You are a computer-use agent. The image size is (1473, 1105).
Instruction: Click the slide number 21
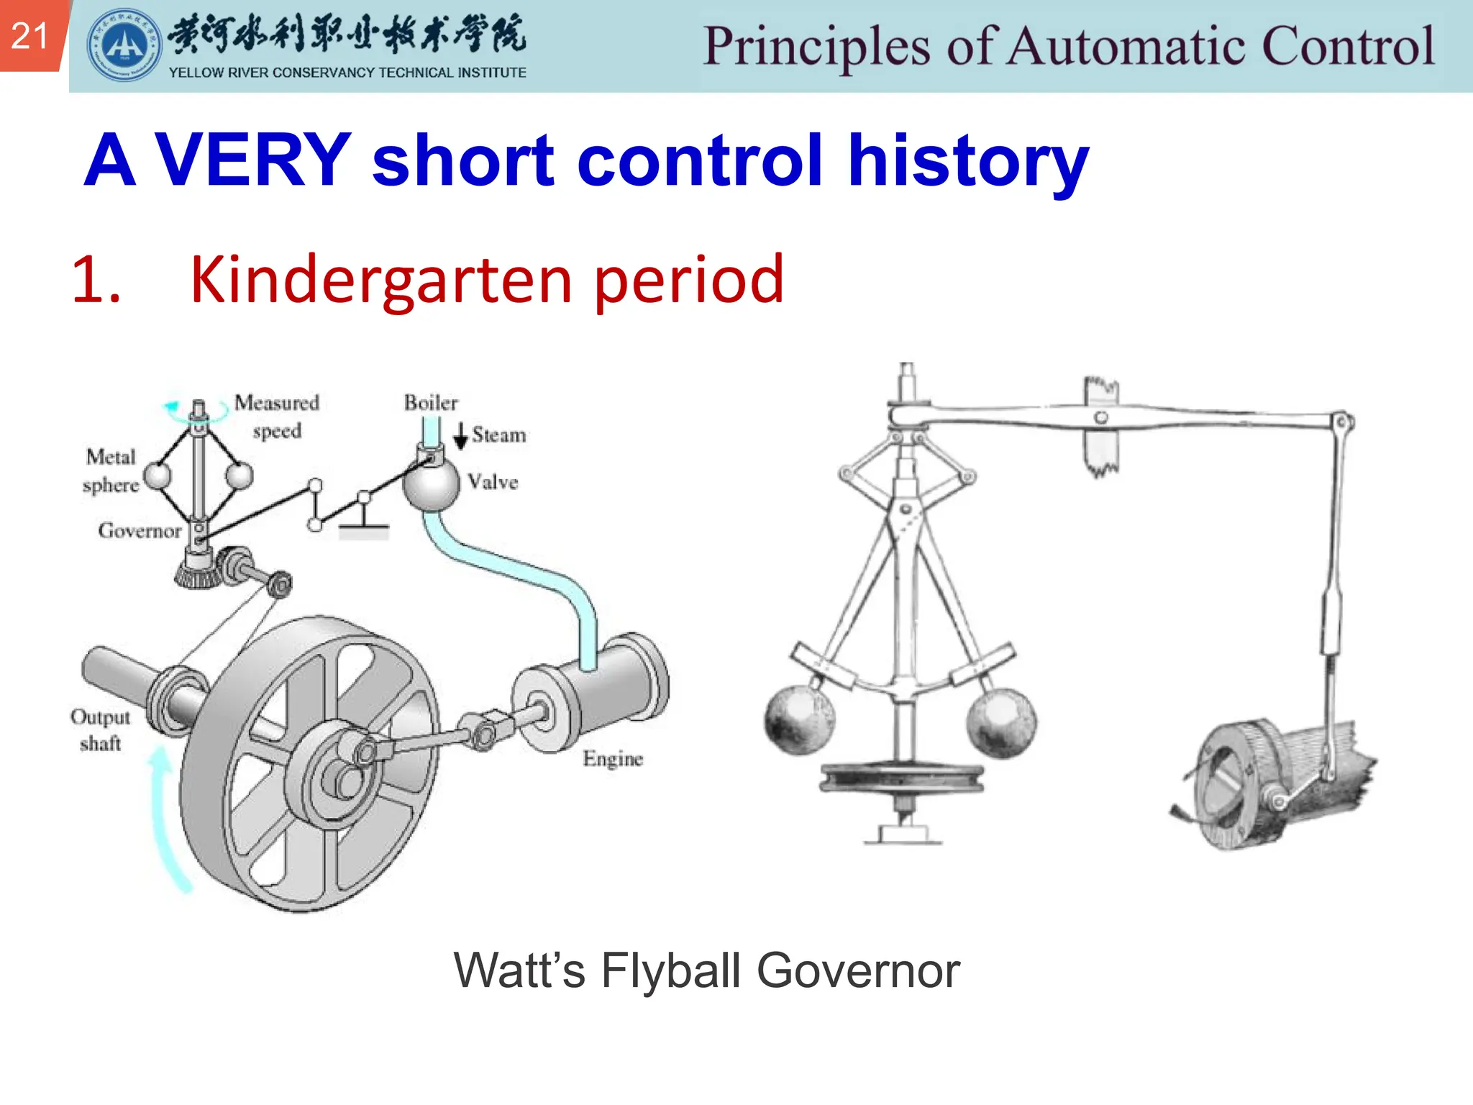click(29, 35)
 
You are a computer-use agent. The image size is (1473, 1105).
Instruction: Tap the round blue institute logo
click(124, 45)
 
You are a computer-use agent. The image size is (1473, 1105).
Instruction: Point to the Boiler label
click(430, 403)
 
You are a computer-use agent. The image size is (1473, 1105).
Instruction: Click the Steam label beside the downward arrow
click(498, 435)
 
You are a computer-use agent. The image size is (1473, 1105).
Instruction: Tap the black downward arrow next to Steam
click(460, 435)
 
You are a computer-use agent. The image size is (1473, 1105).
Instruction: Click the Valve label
click(493, 482)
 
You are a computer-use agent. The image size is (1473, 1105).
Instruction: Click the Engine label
click(612, 759)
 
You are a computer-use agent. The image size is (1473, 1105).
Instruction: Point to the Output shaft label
click(100, 729)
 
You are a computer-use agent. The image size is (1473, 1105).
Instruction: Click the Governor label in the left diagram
click(140, 531)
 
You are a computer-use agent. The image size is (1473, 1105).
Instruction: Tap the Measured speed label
click(277, 417)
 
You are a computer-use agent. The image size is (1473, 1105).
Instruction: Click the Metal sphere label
click(111, 470)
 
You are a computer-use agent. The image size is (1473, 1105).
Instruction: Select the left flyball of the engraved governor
click(799, 720)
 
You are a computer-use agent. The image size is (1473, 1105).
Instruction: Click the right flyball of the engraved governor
click(1000, 722)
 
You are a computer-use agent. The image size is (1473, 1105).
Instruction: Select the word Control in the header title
click(1348, 46)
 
